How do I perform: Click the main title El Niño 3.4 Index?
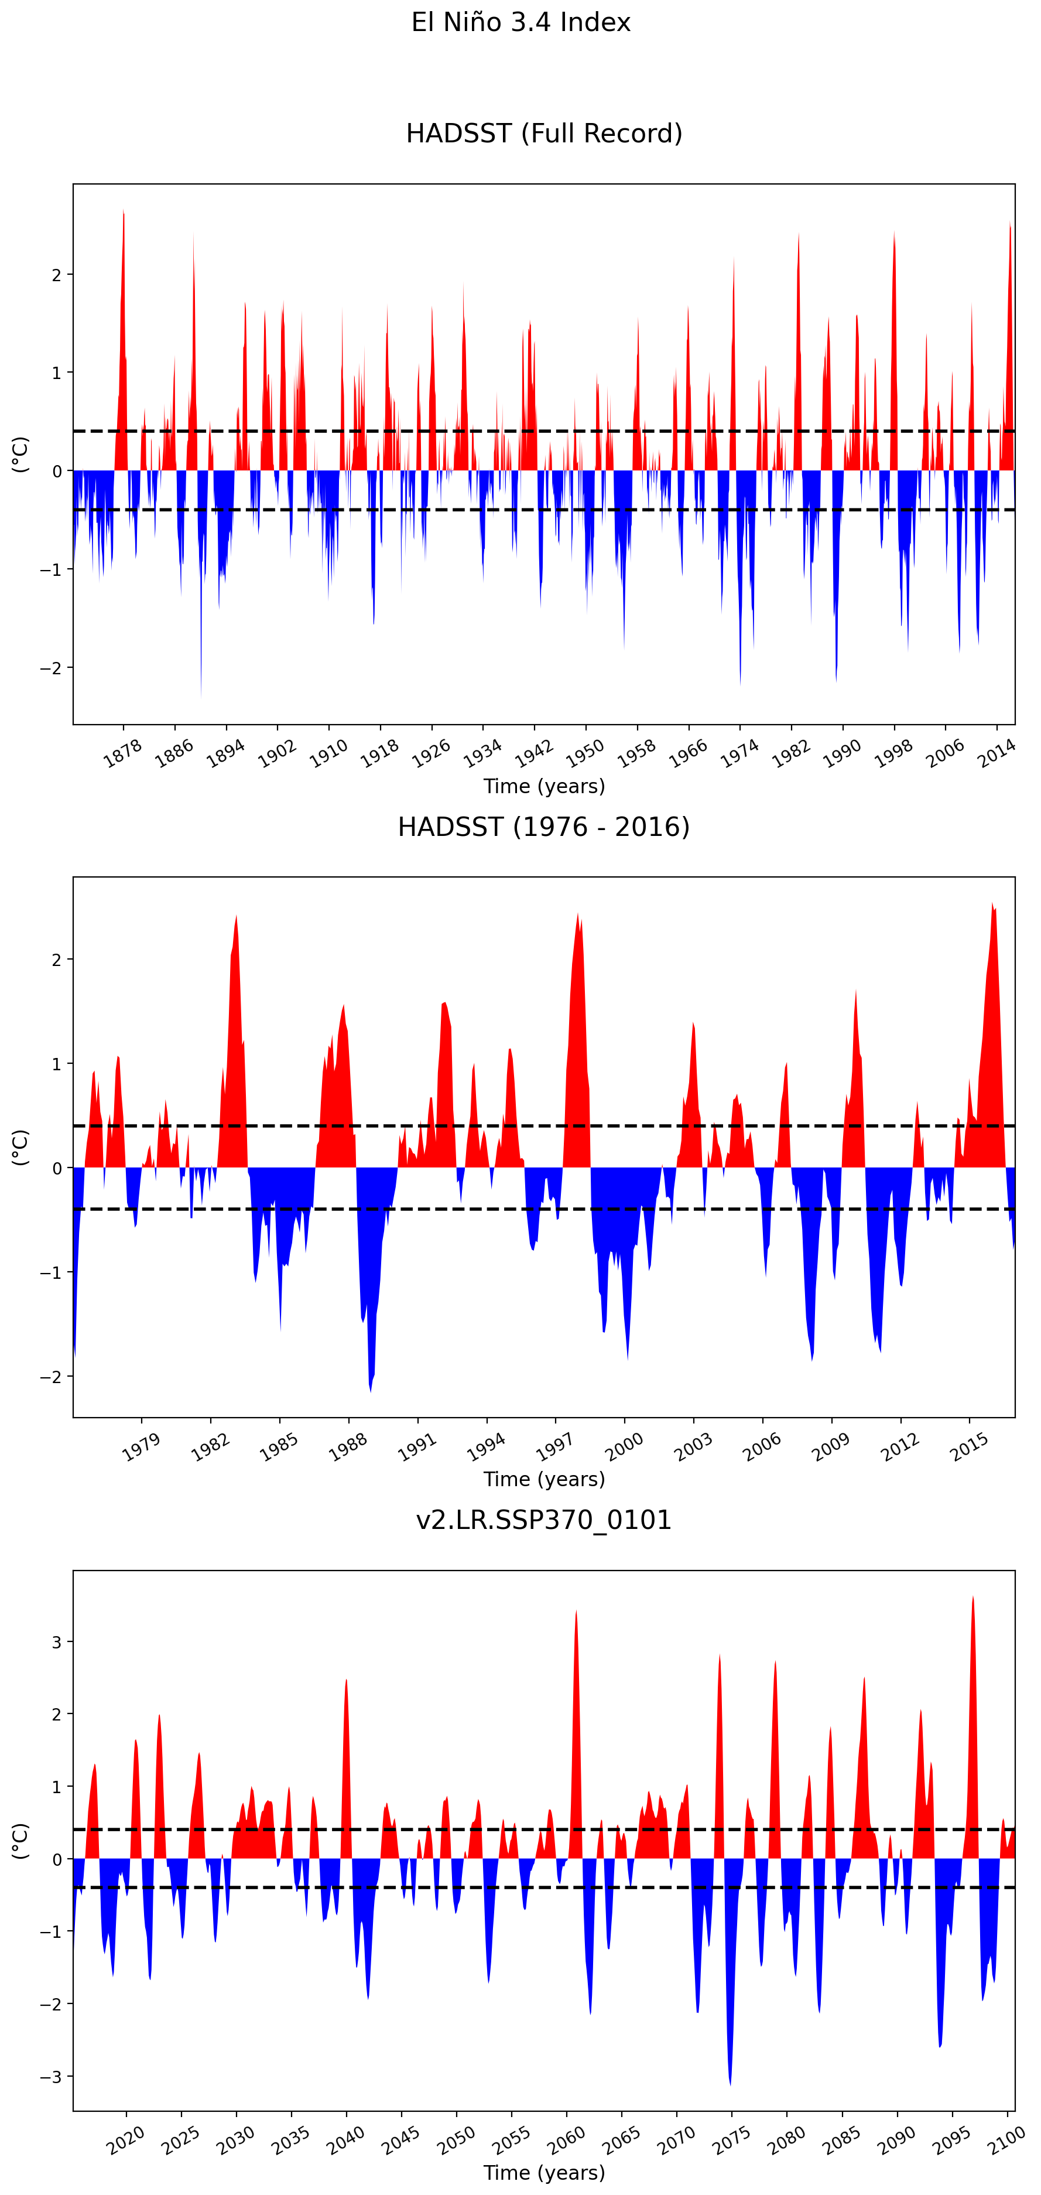coord(520,22)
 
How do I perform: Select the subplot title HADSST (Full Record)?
coord(543,134)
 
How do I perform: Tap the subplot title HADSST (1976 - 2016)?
coord(543,827)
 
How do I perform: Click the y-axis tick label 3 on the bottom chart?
coord(57,1642)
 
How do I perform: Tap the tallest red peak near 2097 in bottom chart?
coord(973,1597)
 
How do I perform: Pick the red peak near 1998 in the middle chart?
coord(578,914)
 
